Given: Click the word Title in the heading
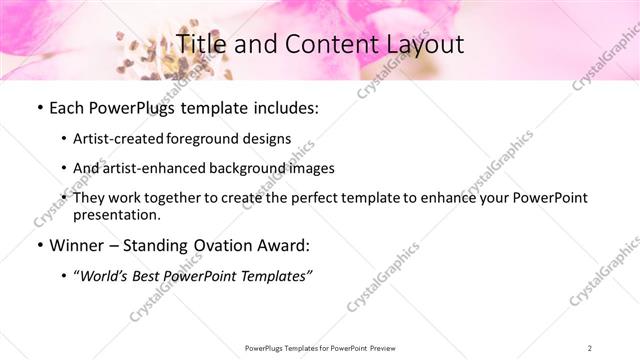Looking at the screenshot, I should point(199,44).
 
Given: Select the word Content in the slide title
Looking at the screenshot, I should point(323,44).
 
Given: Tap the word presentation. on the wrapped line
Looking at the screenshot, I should point(117,215).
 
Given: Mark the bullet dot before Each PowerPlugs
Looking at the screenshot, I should point(39,108).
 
